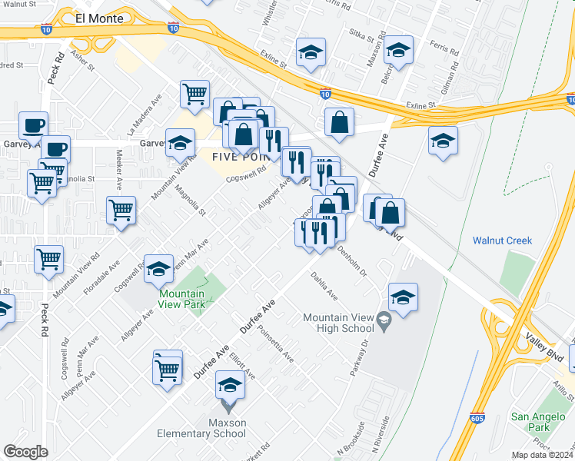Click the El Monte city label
[99, 18]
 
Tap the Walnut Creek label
[503, 240]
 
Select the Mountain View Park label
[182, 299]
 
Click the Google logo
[26, 452]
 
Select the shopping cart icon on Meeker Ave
[121, 209]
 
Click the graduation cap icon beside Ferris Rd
[397, 51]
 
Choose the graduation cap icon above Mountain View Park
[159, 268]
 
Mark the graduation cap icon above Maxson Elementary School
[230, 383]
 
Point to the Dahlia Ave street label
[324, 284]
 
